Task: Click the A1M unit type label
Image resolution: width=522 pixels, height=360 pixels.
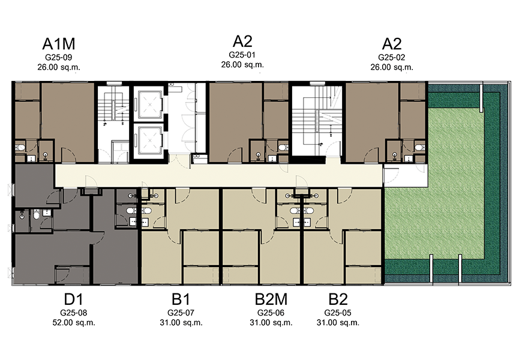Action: (x=59, y=44)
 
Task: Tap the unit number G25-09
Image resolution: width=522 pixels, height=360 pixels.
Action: (x=59, y=57)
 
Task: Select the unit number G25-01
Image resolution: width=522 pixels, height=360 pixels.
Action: (x=242, y=55)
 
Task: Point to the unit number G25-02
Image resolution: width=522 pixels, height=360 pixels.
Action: (x=391, y=57)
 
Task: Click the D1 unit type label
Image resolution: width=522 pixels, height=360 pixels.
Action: (x=74, y=299)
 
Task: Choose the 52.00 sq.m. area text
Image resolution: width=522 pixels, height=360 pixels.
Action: (x=74, y=322)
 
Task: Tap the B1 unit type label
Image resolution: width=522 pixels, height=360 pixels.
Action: (x=181, y=299)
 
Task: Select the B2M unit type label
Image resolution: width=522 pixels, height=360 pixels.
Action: (x=271, y=299)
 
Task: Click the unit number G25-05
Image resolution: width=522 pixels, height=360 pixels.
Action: (x=338, y=313)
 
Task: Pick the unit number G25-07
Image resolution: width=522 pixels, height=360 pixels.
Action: (x=181, y=313)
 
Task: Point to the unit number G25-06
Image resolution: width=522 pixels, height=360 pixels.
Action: (x=271, y=313)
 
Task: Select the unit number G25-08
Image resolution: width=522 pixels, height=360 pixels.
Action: (x=74, y=313)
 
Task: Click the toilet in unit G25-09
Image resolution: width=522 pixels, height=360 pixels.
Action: (x=21, y=147)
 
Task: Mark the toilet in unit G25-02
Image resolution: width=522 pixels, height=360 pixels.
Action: (x=419, y=147)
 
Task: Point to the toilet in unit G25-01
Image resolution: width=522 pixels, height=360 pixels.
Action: (x=283, y=147)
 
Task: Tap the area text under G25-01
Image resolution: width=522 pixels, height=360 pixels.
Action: (x=242, y=65)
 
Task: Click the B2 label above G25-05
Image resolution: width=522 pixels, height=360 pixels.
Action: (x=338, y=299)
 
